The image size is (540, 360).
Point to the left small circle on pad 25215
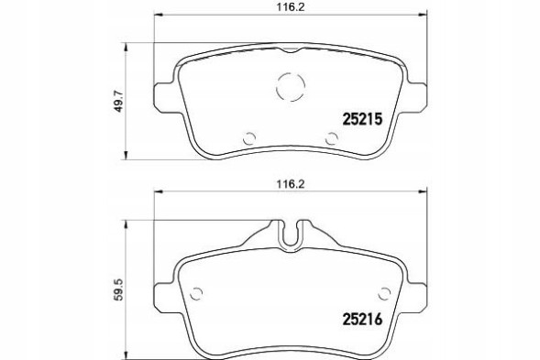coord(248,139)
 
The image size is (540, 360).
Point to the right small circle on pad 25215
coord(332,138)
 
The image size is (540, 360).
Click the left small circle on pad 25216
coord(195,293)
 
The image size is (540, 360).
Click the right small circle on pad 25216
coord(385,293)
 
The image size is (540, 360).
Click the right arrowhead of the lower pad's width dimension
coord(423,191)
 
